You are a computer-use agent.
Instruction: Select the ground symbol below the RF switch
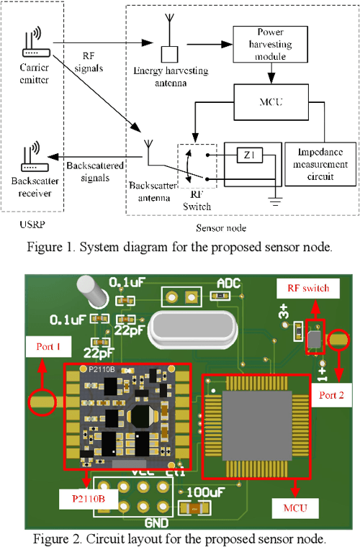(x=274, y=200)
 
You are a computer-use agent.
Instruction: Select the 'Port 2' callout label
(x=331, y=394)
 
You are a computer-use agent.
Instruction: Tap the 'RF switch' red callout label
(x=302, y=288)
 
